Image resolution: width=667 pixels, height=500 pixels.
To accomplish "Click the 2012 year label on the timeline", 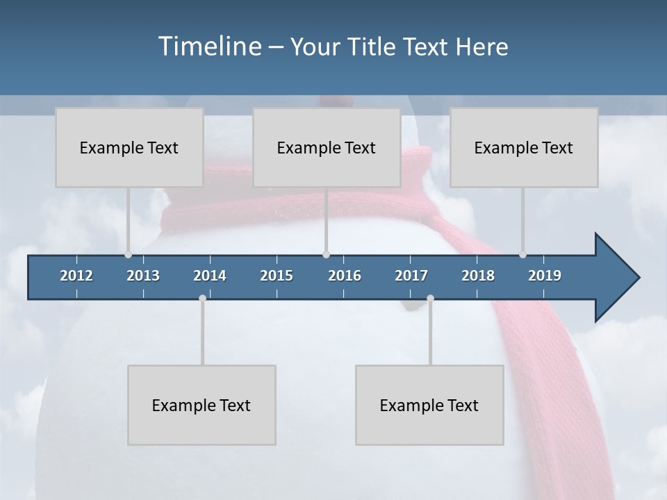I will (x=76, y=276).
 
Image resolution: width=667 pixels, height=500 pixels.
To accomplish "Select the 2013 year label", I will (x=143, y=276).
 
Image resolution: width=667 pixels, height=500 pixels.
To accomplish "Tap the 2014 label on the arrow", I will (x=210, y=276).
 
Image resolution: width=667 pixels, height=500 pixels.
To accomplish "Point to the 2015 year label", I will (x=277, y=276).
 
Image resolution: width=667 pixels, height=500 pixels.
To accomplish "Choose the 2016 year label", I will (x=345, y=276).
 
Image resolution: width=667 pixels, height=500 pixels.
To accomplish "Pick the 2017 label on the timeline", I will (x=411, y=276).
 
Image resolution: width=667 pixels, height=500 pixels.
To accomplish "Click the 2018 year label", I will (x=478, y=276).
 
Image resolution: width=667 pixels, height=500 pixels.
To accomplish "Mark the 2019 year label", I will (x=545, y=276).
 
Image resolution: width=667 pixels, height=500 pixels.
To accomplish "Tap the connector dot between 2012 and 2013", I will (x=128, y=255).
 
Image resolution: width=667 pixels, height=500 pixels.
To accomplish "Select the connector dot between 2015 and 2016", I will (x=327, y=255).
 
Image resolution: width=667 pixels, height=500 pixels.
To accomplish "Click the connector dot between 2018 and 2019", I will (x=522, y=255).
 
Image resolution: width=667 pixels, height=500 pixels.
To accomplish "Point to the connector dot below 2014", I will (x=202, y=299).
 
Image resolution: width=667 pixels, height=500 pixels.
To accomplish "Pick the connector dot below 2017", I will (x=430, y=299).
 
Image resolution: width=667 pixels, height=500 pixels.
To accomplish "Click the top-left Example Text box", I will (x=129, y=147).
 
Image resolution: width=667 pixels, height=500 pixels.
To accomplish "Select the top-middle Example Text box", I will (x=327, y=147).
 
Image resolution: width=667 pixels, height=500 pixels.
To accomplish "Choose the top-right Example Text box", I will (x=524, y=147).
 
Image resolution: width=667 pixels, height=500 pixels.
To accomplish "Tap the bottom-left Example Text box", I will (x=201, y=405).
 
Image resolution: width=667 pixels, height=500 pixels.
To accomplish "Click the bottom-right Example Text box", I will (x=429, y=405).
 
